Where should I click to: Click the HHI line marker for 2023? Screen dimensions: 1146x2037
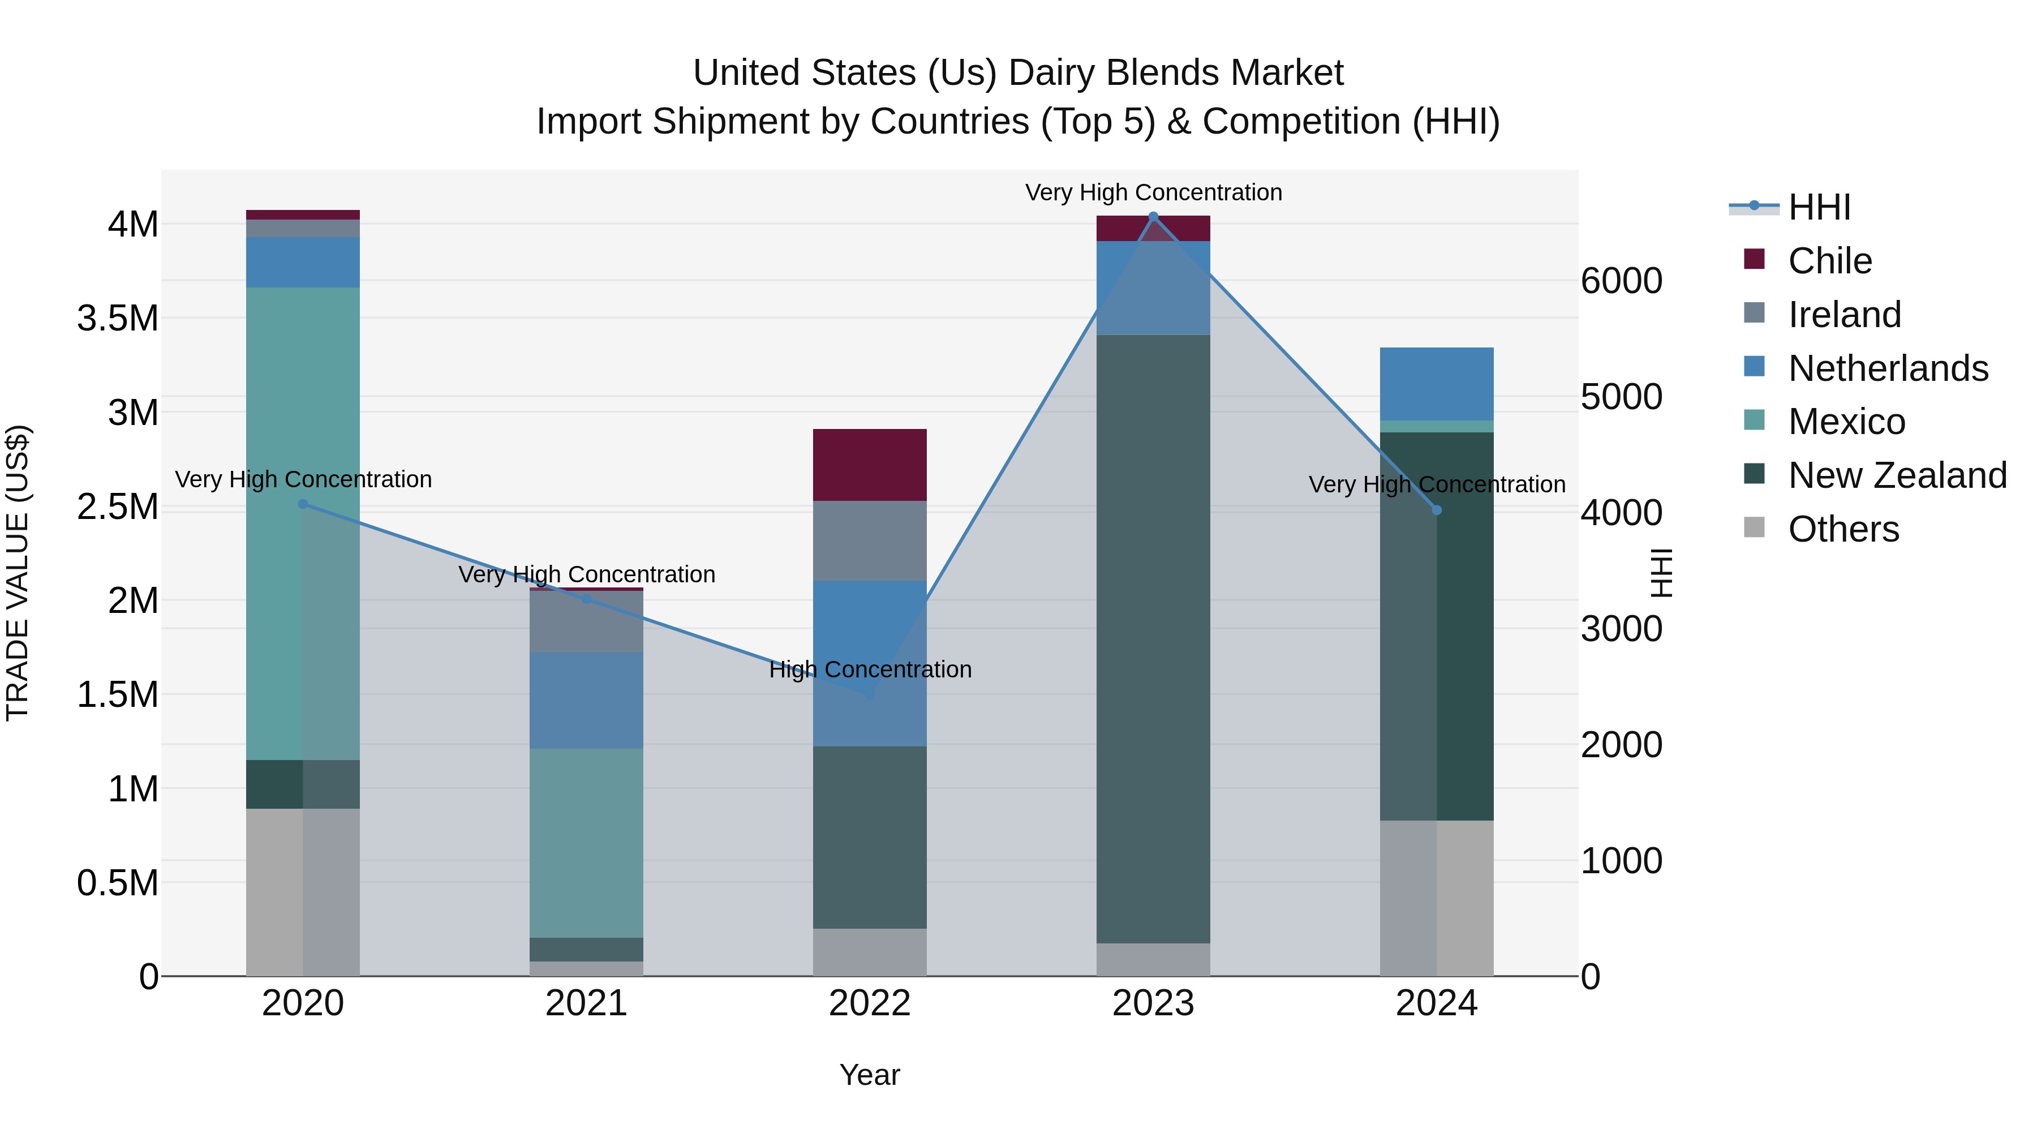tap(1153, 217)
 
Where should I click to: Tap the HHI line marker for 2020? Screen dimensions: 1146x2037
tap(303, 504)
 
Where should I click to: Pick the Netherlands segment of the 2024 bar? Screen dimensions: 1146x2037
tap(1437, 384)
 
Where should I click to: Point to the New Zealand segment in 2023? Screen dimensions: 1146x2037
tap(1153, 638)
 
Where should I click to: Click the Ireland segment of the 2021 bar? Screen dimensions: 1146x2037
tap(586, 621)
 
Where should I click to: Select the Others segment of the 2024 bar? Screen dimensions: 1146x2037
tap(1437, 898)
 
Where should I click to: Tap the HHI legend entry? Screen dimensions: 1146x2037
tap(1819, 207)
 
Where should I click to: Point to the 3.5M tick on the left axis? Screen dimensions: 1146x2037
tap(117, 319)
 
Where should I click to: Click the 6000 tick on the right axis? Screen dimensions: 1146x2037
tap(1621, 281)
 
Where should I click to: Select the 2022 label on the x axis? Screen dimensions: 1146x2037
tap(870, 1003)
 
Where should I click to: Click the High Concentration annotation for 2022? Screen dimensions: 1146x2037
tap(870, 670)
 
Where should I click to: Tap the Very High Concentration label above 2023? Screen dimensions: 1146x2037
tap(1153, 192)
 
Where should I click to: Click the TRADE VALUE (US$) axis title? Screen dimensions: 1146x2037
tap(18, 573)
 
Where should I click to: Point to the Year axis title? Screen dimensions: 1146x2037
tap(869, 1075)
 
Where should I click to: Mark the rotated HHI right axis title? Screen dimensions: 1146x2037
tap(1662, 573)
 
